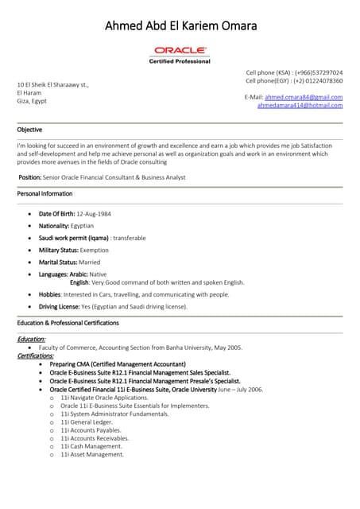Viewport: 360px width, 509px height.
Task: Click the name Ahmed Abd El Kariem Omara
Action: click(180, 26)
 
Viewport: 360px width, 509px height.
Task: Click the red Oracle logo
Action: click(180, 51)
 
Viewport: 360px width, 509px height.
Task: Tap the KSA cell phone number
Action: click(317, 72)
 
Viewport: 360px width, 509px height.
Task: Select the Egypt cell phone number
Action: click(318, 80)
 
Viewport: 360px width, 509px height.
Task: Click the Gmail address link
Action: click(304, 96)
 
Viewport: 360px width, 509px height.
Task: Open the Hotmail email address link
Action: click(300, 105)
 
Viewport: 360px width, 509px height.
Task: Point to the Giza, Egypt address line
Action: click(32, 101)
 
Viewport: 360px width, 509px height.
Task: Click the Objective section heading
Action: click(29, 130)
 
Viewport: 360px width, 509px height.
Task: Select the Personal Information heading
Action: click(45, 193)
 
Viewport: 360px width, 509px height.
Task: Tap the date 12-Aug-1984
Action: click(94, 214)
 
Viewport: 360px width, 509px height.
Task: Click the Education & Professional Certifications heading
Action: click(68, 323)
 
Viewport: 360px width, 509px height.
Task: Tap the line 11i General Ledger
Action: click(91, 422)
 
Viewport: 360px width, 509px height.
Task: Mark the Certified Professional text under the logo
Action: click(180, 61)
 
